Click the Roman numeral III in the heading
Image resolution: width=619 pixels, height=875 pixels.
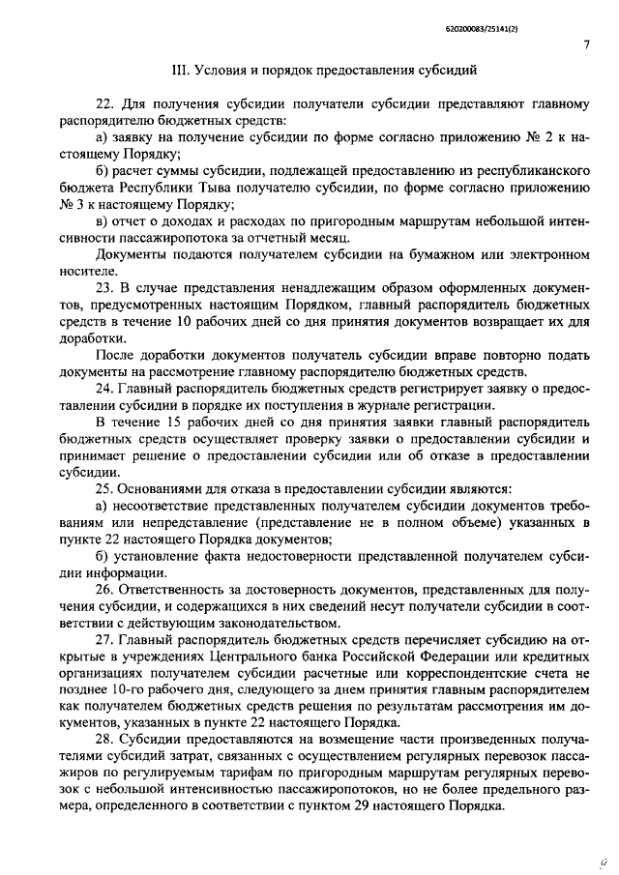click(x=179, y=72)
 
